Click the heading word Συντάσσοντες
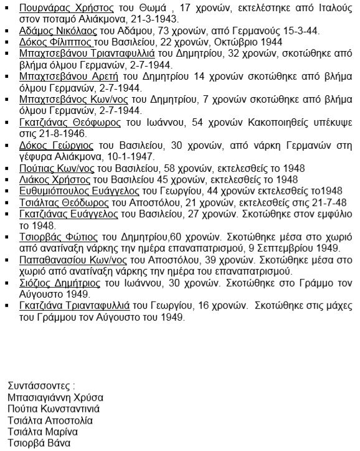pos(41,385)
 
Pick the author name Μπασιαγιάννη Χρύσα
pos(56,397)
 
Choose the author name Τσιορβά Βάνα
pos(39,443)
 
